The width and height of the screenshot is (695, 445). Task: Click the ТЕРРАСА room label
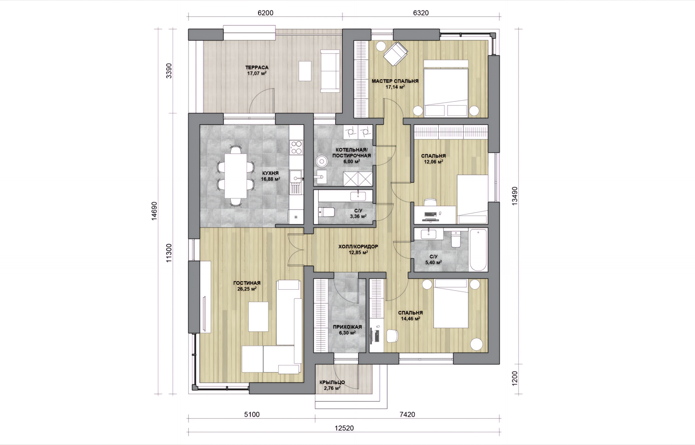tap(257, 67)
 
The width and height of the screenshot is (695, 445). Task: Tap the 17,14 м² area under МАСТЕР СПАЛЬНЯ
tap(395, 87)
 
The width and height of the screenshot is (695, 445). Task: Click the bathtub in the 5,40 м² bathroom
tap(478, 249)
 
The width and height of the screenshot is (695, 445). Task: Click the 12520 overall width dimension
tap(344, 428)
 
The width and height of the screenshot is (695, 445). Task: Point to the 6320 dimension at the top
tap(421, 13)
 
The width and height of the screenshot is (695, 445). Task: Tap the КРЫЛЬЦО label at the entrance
tap(332, 382)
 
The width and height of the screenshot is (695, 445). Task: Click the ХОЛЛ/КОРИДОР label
tap(358, 247)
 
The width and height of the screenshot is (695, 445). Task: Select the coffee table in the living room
tap(258, 316)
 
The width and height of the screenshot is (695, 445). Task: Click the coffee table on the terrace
tap(305, 71)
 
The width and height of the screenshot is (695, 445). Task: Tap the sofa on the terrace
tap(330, 71)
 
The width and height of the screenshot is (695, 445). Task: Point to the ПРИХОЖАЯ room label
tap(347, 327)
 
